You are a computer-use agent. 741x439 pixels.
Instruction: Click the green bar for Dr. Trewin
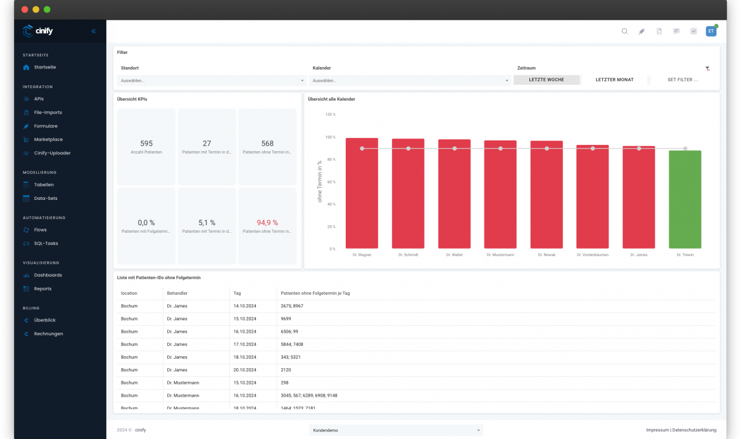tap(685, 199)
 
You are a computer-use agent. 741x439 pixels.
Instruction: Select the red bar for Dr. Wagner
tap(362, 193)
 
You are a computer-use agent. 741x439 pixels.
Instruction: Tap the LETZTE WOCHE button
tap(546, 80)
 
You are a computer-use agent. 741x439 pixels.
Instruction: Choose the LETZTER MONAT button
tap(614, 80)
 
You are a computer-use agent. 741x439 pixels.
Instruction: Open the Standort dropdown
tap(212, 81)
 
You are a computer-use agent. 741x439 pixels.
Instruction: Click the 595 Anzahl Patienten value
tap(146, 144)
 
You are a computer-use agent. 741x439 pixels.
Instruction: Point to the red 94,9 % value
tap(267, 223)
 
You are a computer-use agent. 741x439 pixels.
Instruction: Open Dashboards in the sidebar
tap(47, 275)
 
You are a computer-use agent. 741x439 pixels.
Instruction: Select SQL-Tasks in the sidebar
tap(46, 244)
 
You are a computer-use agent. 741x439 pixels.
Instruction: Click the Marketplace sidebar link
tap(48, 139)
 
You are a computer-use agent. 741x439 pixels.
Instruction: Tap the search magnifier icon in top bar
tap(624, 31)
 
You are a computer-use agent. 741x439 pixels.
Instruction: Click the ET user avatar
tap(711, 31)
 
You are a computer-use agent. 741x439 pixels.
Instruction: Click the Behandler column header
tap(177, 294)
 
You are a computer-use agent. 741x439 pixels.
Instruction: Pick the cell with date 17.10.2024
tap(246, 344)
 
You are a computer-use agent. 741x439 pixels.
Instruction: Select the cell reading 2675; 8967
tap(292, 306)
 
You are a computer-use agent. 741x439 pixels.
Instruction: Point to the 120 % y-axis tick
tap(330, 114)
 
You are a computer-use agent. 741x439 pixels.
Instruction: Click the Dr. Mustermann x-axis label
tap(500, 255)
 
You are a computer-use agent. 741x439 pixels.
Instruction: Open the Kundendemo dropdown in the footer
tap(396, 430)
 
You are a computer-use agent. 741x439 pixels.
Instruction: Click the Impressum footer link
tap(657, 430)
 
